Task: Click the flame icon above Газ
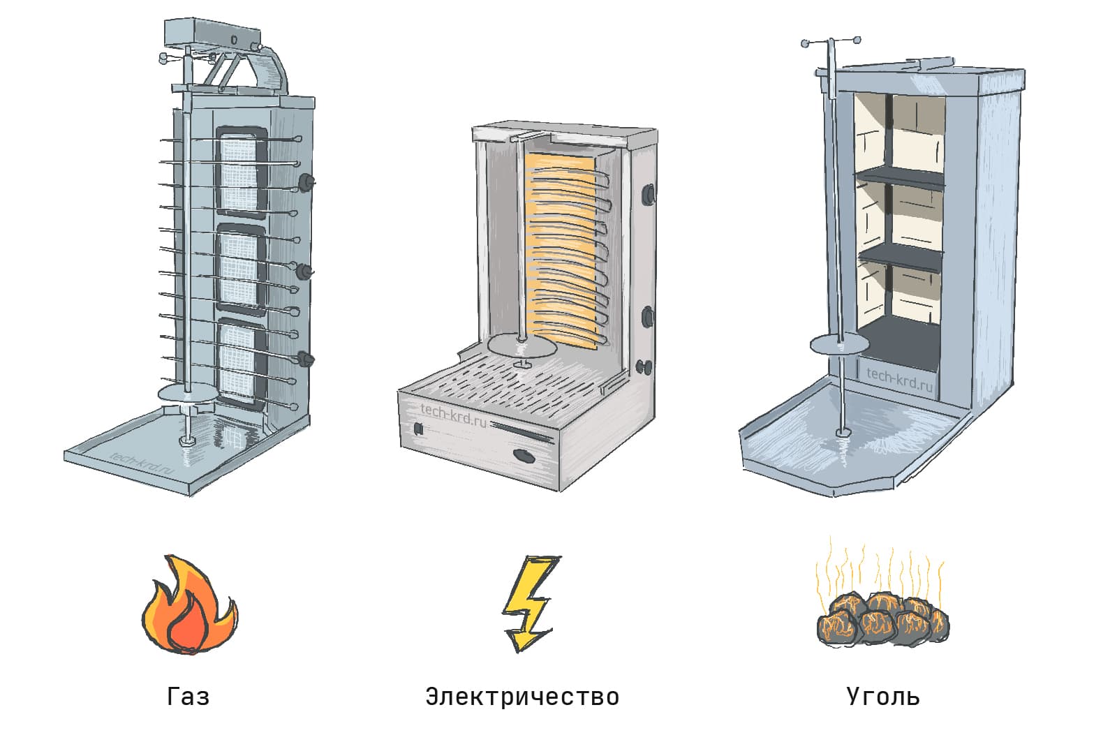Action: pyautogui.click(x=188, y=606)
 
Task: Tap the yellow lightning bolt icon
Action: pyautogui.click(x=528, y=602)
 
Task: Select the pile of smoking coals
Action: pyautogui.click(x=883, y=618)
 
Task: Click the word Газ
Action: pyautogui.click(x=188, y=696)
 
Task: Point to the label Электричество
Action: pyautogui.click(x=522, y=696)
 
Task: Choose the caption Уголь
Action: pyautogui.click(x=883, y=696)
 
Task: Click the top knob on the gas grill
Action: pyautogui.click(x=306, y=182)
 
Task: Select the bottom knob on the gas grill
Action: pyautogui.click(x=305, y=359)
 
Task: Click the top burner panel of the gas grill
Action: pyautogui.click(x=242, y=171)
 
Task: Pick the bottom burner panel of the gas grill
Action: pyautogui.click(x=240, y=363)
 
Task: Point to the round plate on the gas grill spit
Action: pyautogui.click(x=188, y=392)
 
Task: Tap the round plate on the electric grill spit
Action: pyautogui.click(x=522, y=345)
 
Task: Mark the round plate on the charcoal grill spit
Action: pyautogui.click(x=841, y=344)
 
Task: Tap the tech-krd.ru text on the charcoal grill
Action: pyautogui.click(x=899, y=378)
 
